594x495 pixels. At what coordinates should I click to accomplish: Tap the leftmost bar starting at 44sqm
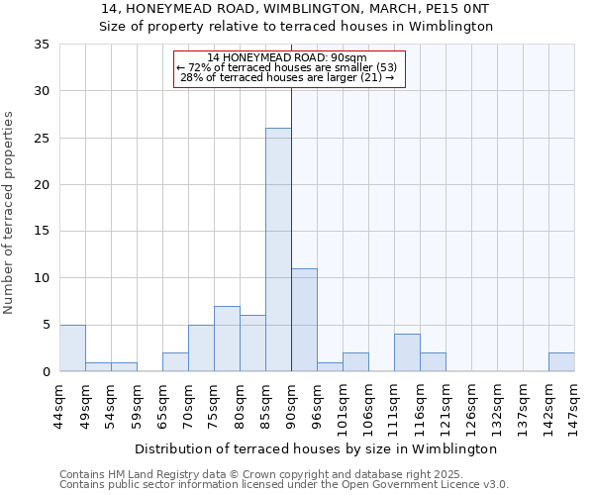pos(72,347)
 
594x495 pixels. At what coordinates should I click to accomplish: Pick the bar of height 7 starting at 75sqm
pos(227,339)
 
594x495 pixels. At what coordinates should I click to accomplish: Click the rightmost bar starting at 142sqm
pos(561,361)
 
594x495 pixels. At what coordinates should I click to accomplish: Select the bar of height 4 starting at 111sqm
pos(407,352)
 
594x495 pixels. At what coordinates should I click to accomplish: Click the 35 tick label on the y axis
pos(42,45)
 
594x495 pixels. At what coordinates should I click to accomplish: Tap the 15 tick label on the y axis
pos(42,232)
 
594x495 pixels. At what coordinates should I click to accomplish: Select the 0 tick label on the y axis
pos(46,371)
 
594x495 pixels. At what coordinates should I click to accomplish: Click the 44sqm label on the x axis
pos(59,406)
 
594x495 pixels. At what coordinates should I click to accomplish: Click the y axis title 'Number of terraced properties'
pos(11,212)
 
